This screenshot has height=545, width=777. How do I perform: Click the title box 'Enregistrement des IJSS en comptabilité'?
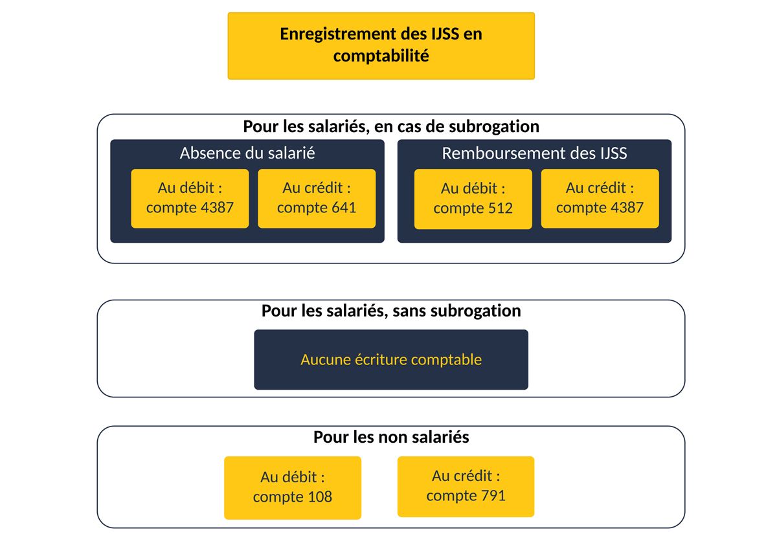point(381,46)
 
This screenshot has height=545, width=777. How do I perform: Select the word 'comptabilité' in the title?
point(381,56)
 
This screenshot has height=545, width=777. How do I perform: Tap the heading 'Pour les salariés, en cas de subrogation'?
point(391,127)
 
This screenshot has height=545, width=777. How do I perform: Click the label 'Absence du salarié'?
point(247,153)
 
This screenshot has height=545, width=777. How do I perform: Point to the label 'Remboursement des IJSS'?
point(534,153)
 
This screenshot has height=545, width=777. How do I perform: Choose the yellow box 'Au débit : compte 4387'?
point(190,198)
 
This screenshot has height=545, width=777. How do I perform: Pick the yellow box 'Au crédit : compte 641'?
point(317,198)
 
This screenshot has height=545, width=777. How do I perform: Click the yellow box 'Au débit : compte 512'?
point(473,199)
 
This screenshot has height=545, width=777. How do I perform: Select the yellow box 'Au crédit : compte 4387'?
point(600,198)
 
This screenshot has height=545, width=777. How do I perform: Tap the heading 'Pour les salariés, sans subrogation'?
point(391,311)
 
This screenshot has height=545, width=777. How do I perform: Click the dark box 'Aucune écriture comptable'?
point(391,359)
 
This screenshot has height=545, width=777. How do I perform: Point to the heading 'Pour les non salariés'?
point(391,437)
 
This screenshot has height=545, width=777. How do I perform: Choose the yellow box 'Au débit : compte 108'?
point(293,487)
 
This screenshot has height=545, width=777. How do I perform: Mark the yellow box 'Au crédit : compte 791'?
point(466,486)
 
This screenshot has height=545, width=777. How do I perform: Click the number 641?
point(344,208)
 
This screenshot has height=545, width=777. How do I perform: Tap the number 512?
point(500,208)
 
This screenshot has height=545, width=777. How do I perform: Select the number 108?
point(320,497)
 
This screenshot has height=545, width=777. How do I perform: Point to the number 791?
point(493,495)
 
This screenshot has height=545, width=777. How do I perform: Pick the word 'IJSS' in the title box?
point(445,34)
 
